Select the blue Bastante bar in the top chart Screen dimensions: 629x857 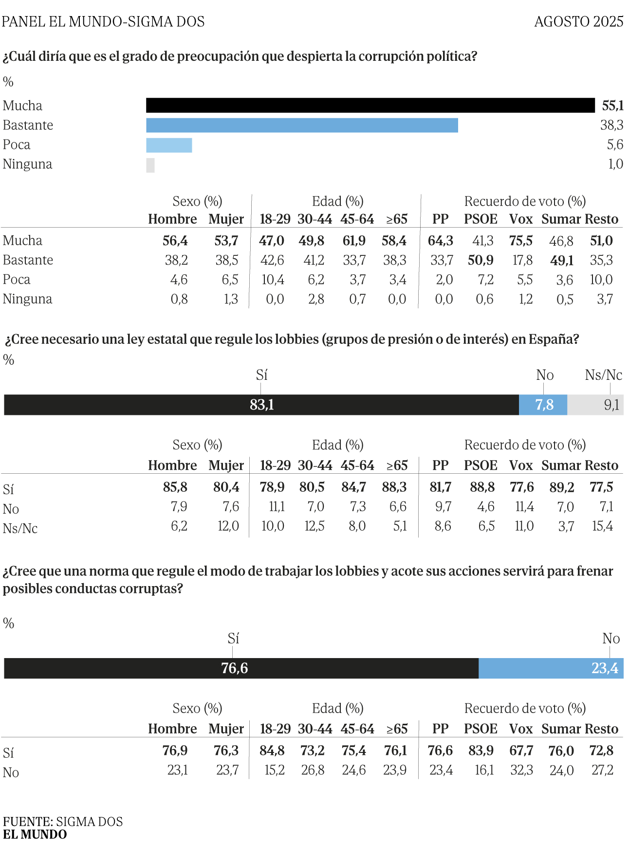click(302, 125)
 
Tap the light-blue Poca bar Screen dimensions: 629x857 click(169, 145)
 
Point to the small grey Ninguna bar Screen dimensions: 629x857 click(150, 165)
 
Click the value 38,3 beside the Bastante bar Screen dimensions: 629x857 click(611, 125)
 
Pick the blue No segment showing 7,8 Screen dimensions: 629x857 click(543, 405)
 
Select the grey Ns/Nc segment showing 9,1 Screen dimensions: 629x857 click(595, 405)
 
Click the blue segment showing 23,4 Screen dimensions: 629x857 click(551, 668)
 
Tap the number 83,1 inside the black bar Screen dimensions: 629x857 click(262, 405)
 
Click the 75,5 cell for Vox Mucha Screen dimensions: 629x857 click(521, 241)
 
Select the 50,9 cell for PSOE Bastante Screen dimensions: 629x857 click(481, 260)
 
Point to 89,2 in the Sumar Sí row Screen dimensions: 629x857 click(561, 487)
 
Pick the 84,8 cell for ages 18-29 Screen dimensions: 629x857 click(272, 750)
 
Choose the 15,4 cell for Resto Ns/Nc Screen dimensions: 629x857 click(602, 526)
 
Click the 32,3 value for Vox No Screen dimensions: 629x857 click(521, 770)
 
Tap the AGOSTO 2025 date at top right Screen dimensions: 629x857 click(579, 21)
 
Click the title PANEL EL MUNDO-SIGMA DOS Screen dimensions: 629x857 click(103, 21)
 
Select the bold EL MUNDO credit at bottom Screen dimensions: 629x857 click(35, 835)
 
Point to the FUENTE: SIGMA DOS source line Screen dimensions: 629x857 click(63, 821)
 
